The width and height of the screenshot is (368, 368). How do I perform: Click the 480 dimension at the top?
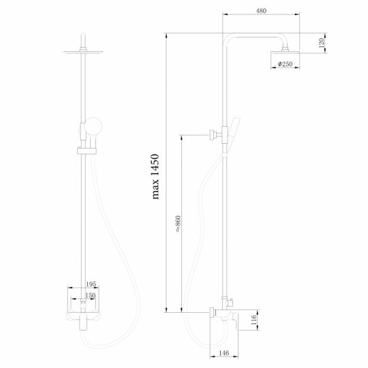tap(262, 11)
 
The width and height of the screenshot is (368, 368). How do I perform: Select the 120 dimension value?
tap(322, 43)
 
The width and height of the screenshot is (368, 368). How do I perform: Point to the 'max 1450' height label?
tap(156, 177)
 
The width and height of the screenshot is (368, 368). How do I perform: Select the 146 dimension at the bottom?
tap(224, 354)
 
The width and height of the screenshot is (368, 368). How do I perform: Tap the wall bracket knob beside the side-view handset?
tap(213, 134)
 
